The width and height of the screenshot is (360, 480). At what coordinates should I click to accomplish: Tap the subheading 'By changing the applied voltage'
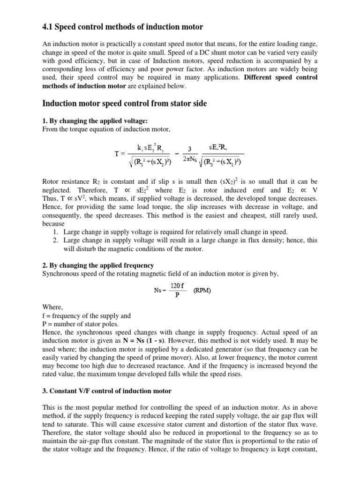coord(98,121)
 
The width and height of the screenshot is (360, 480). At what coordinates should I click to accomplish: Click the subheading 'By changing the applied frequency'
coord(101,265)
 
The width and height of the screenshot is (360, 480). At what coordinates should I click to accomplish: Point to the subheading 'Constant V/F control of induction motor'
coord(111,390)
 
